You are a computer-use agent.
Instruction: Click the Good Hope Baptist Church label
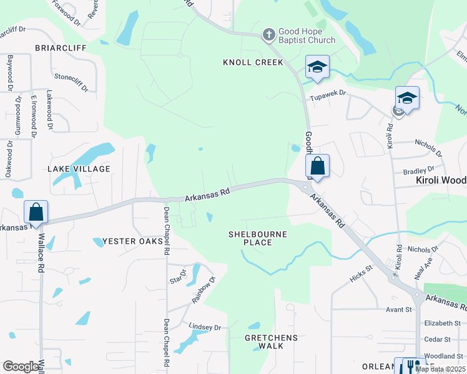pos(307,36)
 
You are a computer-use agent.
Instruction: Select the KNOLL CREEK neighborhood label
pos(253,62)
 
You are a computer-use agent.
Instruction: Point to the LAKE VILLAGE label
pos(79,169)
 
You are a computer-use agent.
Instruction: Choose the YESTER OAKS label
pos(129,241)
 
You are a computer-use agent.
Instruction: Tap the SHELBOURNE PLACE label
pos(258,238)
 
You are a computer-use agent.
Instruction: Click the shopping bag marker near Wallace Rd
pos(36,212)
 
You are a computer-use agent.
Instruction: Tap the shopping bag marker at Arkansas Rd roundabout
pos(317,166)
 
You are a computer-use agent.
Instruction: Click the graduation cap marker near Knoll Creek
pos(317,67)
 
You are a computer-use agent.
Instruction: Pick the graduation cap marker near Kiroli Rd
pos(407,98)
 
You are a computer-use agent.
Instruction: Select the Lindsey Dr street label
pos(205,327)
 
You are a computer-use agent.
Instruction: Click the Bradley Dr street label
pos(418,170)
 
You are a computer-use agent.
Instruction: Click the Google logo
pos(21,367)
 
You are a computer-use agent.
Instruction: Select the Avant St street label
pos(399,309)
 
